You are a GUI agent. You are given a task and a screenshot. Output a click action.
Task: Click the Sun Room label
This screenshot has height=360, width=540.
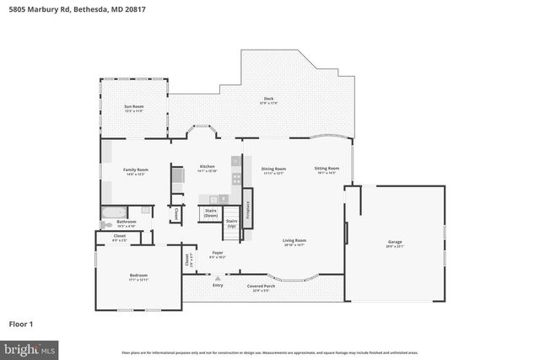[133, 107]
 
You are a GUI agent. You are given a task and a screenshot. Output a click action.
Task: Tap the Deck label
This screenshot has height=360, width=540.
[268, 99]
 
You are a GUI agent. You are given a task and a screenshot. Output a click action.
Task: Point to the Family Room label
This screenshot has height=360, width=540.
[135, 170]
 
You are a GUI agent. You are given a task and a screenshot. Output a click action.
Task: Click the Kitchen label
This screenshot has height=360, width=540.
[207, 167]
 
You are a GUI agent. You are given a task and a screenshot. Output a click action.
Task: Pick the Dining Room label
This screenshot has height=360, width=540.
[273, 169]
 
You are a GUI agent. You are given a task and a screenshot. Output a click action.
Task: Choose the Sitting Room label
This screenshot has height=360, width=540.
[327, 169]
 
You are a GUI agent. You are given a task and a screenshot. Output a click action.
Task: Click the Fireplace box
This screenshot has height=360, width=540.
[247, 204]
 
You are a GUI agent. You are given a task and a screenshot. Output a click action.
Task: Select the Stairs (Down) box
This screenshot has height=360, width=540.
[211, 213]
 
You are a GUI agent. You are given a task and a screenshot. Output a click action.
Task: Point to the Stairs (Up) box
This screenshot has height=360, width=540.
[230, 224]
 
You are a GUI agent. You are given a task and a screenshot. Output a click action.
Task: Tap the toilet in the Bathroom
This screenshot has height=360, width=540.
[106, 224]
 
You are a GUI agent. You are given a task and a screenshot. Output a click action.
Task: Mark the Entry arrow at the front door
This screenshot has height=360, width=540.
[218, 278]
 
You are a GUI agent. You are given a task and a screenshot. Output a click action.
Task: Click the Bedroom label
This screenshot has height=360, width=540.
[138, 277]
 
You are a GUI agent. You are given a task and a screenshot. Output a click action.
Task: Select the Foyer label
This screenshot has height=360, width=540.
[217, 254]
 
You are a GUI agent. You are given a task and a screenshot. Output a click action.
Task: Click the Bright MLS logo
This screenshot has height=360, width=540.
[30, 347]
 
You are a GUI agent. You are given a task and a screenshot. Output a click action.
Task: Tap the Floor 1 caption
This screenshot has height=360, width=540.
[22, 323]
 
